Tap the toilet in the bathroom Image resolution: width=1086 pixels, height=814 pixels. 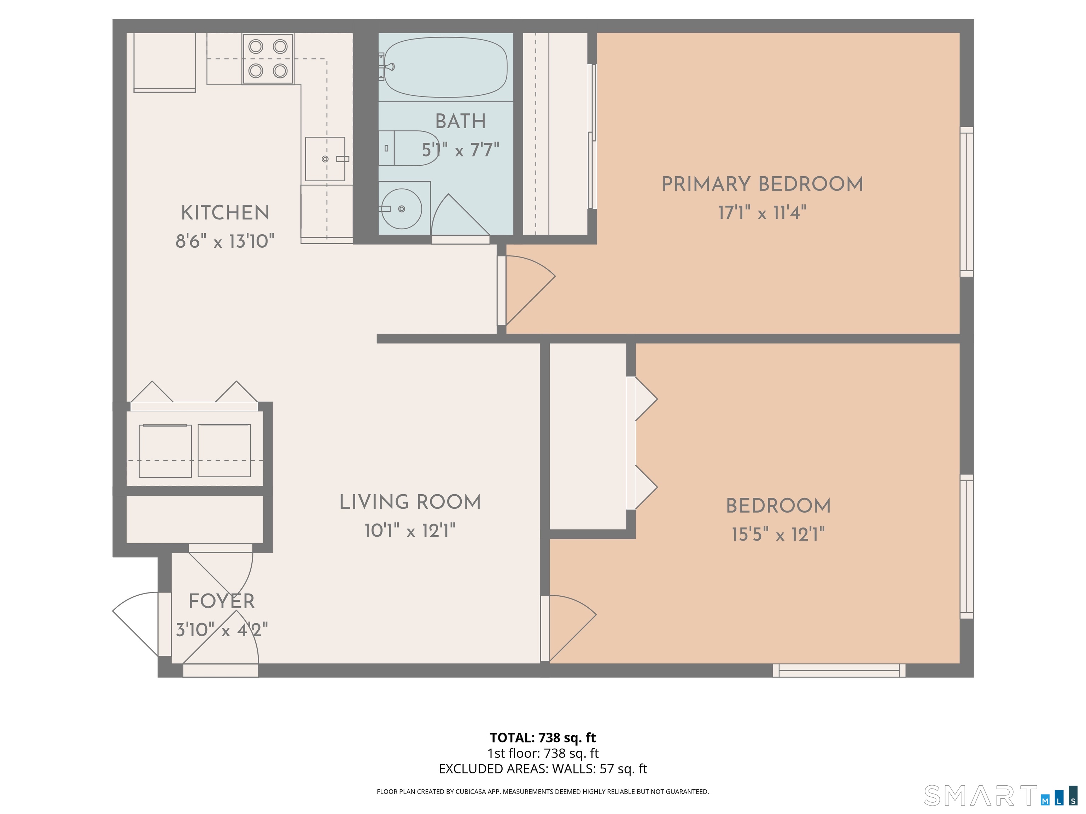(x=408, y=148)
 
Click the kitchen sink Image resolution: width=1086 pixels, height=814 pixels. (x=325, y=159)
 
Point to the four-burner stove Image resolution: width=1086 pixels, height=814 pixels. (x=268, y=58)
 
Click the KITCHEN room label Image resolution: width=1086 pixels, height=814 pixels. (x=225, y=213)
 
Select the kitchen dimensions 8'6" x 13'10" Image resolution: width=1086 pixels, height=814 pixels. (x=225, y=241)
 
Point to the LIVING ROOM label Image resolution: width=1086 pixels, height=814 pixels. (x=410, y=502)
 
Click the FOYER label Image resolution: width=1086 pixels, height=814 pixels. (x=222, y=601)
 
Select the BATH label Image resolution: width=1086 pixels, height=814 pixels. (x=461, y=121)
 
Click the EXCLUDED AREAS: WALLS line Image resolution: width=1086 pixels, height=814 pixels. (x=543, y=769)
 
